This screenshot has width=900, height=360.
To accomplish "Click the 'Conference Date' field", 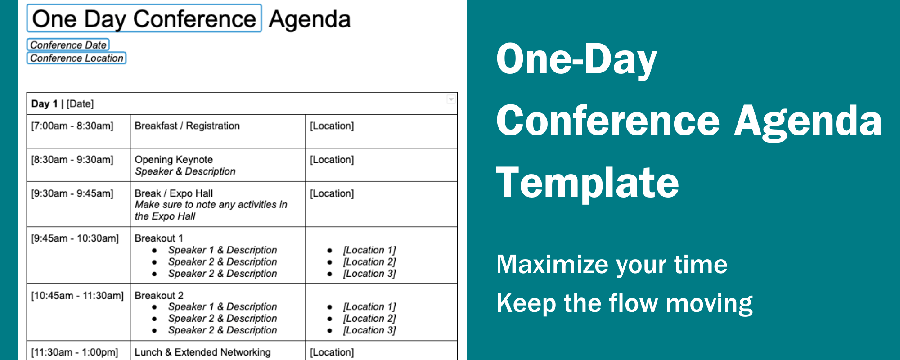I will (x=68, y=45).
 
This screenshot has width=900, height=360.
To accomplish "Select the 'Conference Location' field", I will (x=76, y=58).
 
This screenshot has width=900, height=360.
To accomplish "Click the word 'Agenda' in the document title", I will (x=310, y=19).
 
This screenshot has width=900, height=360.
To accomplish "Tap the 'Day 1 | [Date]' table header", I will (x=63, y=104).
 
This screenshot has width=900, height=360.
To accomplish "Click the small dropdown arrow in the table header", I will (x=451, y=99).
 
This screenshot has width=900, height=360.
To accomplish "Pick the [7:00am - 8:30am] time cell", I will (x=72, y=126).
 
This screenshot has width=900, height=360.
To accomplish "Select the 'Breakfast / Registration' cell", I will (x=187, y=126).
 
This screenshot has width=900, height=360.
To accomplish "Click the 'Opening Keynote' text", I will (x=174, y=160).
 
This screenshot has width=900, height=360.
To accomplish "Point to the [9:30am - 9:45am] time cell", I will (x=72, y=193).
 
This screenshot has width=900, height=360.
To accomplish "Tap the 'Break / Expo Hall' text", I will (x=174, y=193).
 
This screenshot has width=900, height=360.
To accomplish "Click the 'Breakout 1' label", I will (x=159, y=238).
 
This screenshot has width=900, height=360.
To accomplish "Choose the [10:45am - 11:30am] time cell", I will (x=77, y=296).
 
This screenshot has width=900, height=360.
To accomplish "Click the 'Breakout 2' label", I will (x=159, y=296).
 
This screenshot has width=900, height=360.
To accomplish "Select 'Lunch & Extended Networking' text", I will (x=202, y=352).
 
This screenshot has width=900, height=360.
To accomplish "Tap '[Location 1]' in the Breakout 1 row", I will (x=369, y=250).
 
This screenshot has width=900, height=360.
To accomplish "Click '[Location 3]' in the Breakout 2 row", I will (x=369, y=330).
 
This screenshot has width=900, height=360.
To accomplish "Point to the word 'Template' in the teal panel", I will (x=587, y=182).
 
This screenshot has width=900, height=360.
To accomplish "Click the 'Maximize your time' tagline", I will (x=612, y=264).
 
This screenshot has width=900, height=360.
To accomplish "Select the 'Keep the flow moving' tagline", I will (x=624, y=303).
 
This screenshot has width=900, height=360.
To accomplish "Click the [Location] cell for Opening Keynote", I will (x=332, y=160).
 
